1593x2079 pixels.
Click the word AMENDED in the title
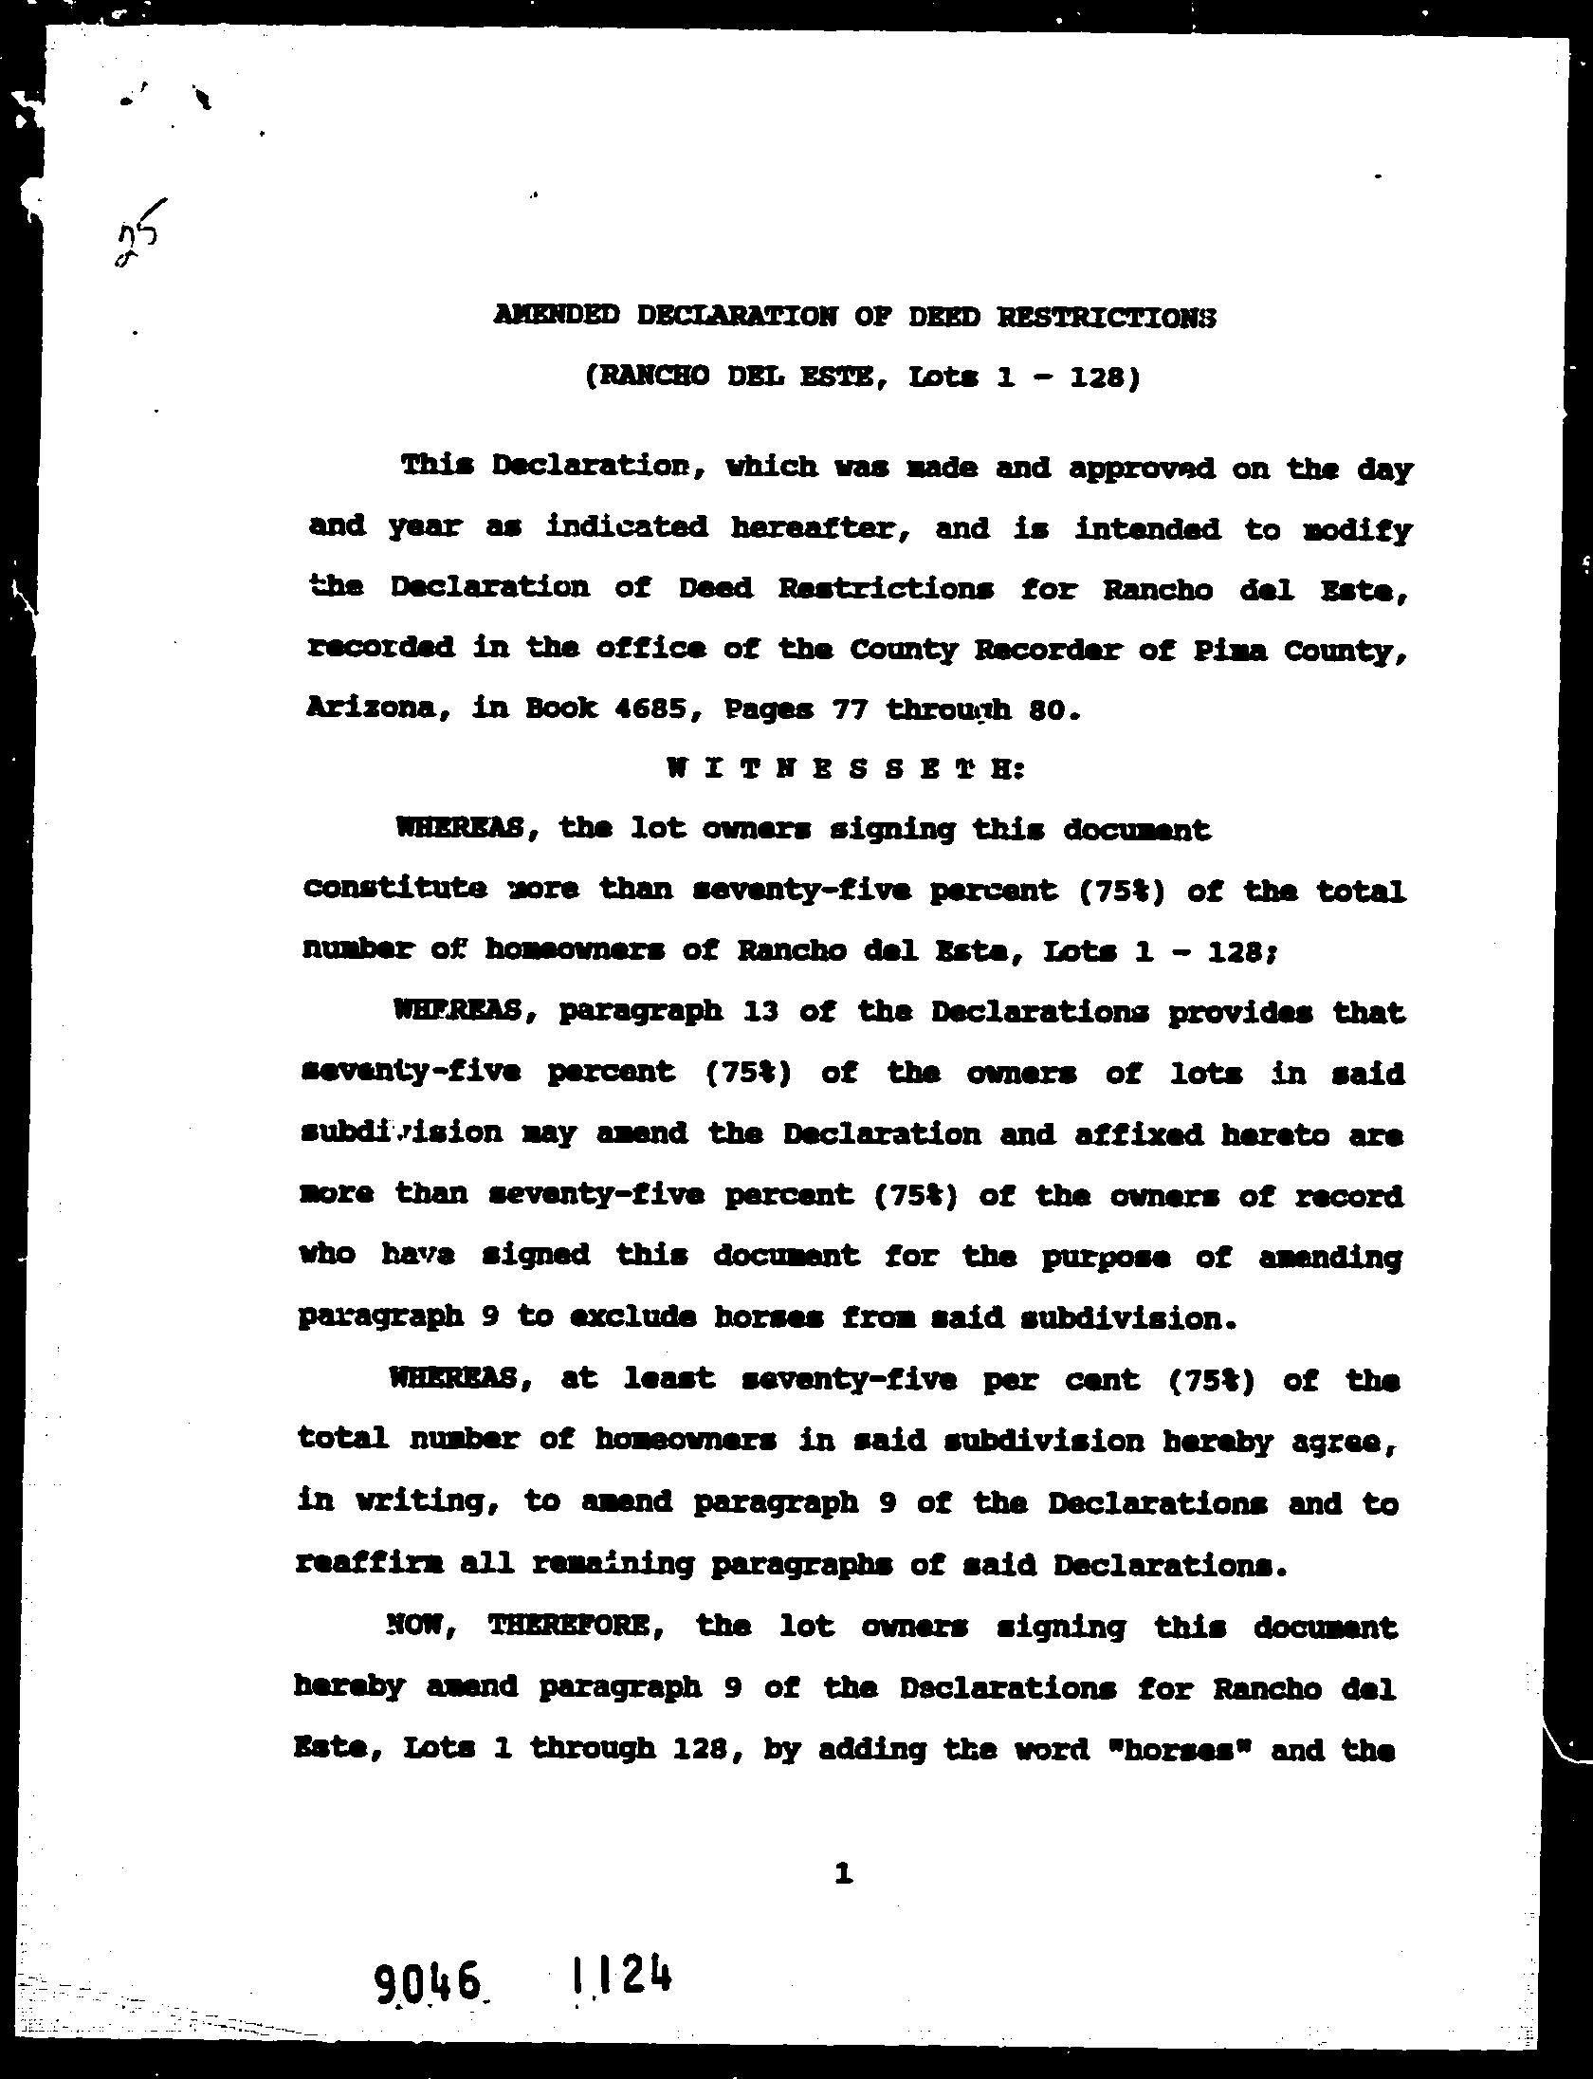556,315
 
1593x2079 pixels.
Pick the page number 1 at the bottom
842,1872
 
